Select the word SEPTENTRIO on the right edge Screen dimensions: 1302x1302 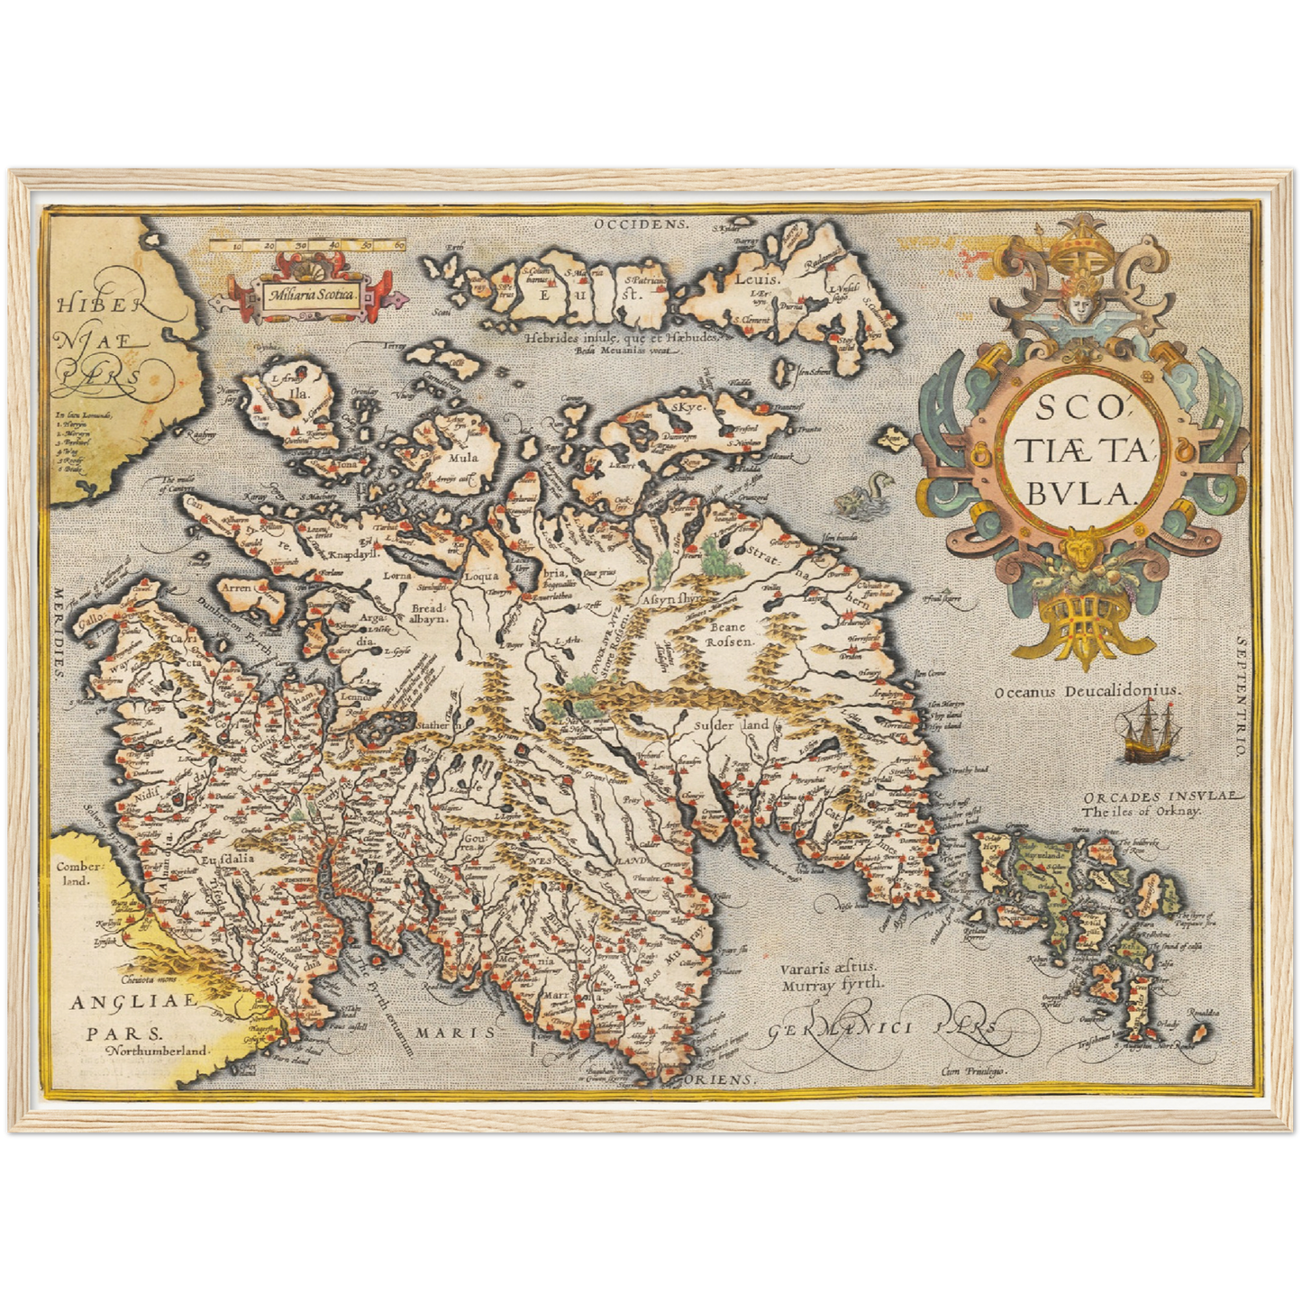click(1241, 695)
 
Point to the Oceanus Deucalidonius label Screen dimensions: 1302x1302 click(1087, 690)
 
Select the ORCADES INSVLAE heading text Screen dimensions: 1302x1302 click(1162, 797)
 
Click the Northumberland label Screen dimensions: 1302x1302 click(156, 1051)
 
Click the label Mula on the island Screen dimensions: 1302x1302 click(463, 457)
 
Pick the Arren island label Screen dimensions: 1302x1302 click(235, 587)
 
